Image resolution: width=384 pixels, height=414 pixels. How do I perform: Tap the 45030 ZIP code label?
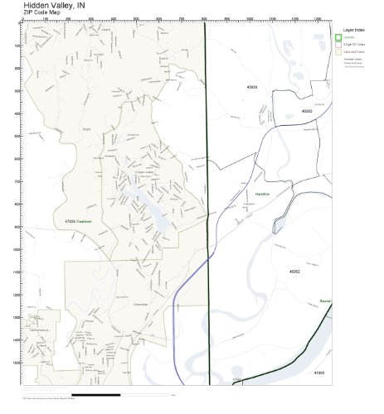coord(252,86)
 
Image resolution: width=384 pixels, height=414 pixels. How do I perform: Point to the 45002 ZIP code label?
coord(307,110)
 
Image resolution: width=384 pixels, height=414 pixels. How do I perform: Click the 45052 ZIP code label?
coord(294,271)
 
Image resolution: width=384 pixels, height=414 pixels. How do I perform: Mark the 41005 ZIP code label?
coord(318,373)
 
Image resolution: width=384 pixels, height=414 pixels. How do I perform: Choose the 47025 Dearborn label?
coord(77,222)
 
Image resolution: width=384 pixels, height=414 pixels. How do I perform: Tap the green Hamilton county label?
coord(251,215)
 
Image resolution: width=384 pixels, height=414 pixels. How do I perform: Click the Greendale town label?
coord(117,305)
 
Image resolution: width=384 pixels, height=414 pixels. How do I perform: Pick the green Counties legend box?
coord(338,37)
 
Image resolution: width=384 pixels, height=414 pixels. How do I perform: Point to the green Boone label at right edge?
coord(326,301)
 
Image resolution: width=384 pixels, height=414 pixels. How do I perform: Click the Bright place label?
coord(87,128)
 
